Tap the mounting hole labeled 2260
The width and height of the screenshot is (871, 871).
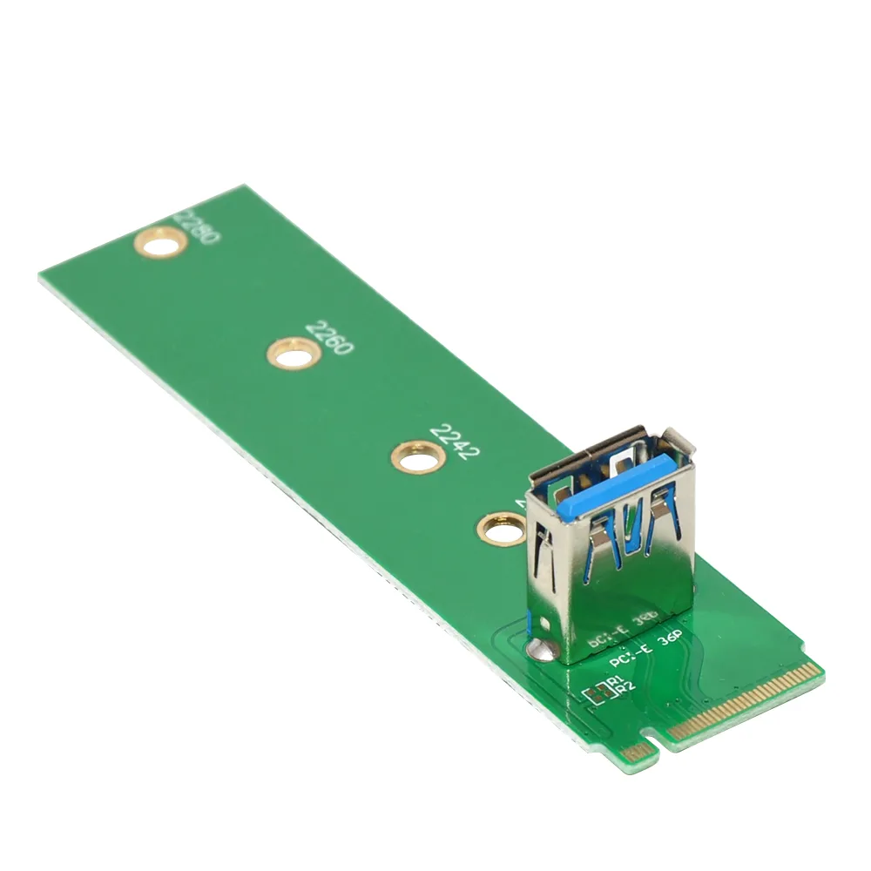click(292, 354)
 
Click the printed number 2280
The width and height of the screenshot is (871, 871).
click(198, 226)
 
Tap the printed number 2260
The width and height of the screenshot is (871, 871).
click(329, 336)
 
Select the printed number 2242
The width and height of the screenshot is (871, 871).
click(455, 442)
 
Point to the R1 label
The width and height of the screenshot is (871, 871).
click(616, 680)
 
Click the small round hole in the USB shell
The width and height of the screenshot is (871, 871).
click(543, 625)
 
